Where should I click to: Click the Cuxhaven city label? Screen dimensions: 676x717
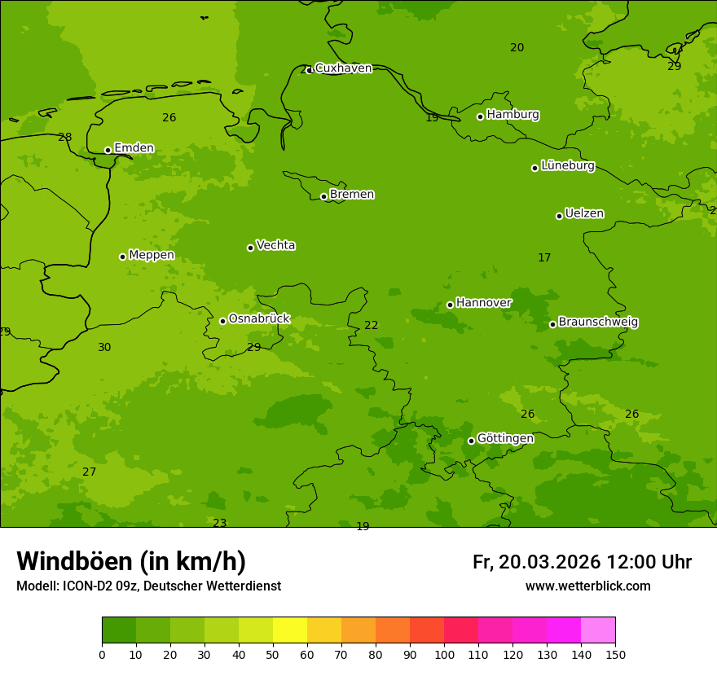pyautogui.click(x=343, y=68)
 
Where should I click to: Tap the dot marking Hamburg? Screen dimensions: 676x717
pyautogui.click(x=481, y=116)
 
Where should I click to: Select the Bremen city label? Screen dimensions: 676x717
pyautogui.click(x=352, y=195)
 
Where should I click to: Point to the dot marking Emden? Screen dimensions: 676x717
pyautogui.click(x=108, y=150)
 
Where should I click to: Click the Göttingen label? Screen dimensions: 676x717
pyautogui.click(x=505, y=439)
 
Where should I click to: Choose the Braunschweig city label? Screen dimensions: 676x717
pyautogui.click(x=598, y=323)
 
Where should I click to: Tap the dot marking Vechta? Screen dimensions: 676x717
pyautogui.click(x=250, y=248)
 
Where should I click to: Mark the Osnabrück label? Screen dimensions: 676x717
pyautogui.click(x=259, y=319)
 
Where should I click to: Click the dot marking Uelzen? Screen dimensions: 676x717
pyautogui.click(x=559, y=216)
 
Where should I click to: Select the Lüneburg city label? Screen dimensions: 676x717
pyautogui.click(x=568, y=166)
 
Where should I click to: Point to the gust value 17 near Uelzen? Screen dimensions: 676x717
pyautogui.click(x=544, y=258)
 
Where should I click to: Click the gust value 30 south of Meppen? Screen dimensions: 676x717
pyautogui.click(x=104, y=348)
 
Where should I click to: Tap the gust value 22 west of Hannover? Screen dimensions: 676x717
pyautogui.click(x=371, y=326)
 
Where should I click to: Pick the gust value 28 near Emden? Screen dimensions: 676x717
pyautogui.click(x=65, y=138)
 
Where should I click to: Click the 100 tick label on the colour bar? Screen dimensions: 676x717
pyautogui.click(x=444, y=654)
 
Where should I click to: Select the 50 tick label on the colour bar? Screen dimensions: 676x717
pyautogui.click(x=273, y=654)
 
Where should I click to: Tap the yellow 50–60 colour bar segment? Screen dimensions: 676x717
pyautogui.click(x=290, y=630)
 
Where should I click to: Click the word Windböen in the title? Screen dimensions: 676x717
pyautogui.click(x=74, y=562)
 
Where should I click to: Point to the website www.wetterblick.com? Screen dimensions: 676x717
pyautogui.click(x=587, y=586)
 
